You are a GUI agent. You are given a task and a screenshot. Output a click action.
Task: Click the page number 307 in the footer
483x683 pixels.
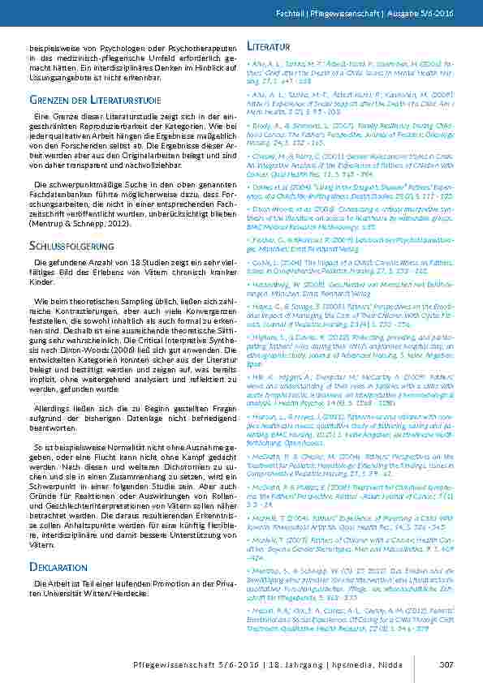(445, 664)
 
